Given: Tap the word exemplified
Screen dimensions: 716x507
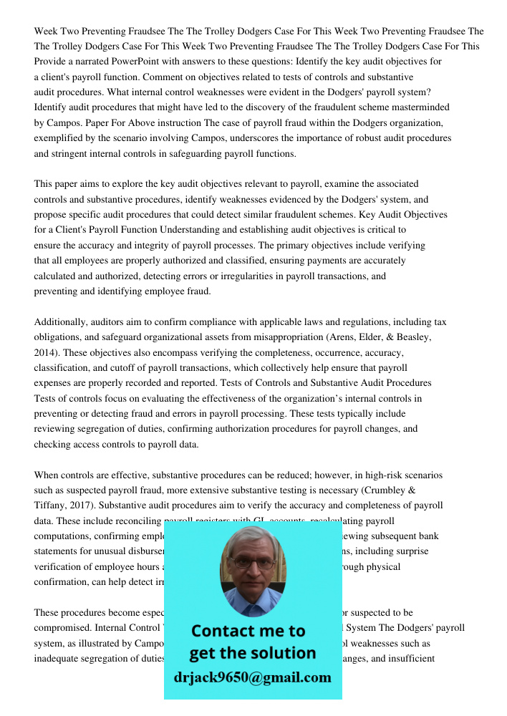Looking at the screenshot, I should pyautogui.click(x=62, y=138).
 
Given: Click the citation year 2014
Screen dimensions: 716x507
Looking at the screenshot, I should pyautogui.click(x=47, y=353).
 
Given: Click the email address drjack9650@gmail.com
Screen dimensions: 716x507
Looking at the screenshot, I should pyautogui.click(x=253, y=677).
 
